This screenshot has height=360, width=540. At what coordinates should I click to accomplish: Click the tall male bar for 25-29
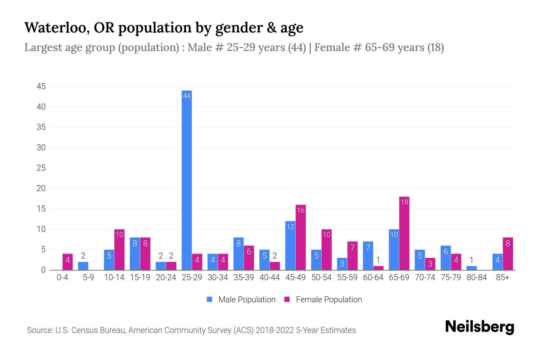click(187, 180)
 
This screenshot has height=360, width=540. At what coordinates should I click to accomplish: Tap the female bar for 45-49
click(301, 237)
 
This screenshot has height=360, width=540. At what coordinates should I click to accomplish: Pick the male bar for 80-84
click(471, 268)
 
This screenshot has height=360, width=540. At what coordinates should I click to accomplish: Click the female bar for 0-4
click(67, 262)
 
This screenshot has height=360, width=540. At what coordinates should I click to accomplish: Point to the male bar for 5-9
click(83, 266)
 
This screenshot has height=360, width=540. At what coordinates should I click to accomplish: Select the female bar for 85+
click(508, 254)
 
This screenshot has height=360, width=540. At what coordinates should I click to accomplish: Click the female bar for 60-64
click(378, 268)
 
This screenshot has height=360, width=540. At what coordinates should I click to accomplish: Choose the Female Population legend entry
click(323, 300)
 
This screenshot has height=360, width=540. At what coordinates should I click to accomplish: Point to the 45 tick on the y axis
click(41, 86)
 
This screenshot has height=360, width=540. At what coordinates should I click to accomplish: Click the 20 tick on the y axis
click(41, 188)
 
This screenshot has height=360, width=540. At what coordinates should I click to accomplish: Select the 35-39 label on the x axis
click(244, 277)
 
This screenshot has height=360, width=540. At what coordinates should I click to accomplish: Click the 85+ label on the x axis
click(502, 277)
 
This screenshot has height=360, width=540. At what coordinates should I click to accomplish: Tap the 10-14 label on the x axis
click(114, 277)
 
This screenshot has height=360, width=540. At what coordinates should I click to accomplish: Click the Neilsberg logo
click(479, 327)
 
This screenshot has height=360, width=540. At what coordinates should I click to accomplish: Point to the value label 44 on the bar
click(187, 96)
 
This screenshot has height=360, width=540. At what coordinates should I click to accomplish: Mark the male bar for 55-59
click(342, 264)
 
